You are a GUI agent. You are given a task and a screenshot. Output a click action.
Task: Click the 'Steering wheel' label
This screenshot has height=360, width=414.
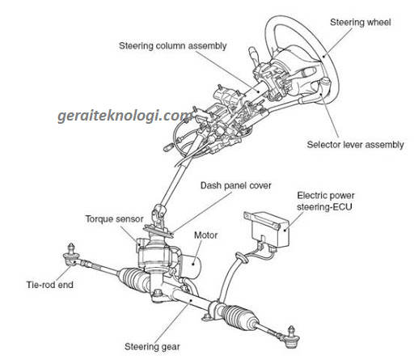pos(361,22)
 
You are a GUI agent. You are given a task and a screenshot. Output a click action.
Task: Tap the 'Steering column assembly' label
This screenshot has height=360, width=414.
pos(173,46)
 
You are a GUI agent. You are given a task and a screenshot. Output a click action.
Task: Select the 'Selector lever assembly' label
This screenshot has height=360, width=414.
pos(355,145)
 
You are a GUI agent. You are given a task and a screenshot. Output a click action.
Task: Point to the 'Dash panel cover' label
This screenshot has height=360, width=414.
pos(236,185)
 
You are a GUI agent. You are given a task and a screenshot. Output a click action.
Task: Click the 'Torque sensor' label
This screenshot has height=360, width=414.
pos(114,218)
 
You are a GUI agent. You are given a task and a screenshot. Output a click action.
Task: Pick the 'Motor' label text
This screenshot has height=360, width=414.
pos(206,235)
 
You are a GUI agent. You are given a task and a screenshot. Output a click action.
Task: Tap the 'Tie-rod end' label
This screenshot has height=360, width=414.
pos(50,285)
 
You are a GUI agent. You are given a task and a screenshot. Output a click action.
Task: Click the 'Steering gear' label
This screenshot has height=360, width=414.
pos(152,347)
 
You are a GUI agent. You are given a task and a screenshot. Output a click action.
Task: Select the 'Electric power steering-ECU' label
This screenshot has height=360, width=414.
pos(326,201)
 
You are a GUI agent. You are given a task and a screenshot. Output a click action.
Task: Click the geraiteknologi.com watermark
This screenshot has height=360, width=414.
pos(125,116)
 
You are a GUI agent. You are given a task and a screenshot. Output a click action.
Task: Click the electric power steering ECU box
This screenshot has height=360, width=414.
pos(267,228)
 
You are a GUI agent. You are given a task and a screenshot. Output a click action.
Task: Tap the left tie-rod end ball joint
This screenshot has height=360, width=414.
pos(71,255)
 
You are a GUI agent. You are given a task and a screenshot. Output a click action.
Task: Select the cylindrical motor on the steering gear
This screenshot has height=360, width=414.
pos(191,267)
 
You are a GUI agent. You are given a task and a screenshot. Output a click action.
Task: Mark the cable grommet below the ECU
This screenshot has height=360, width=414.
pos(241,257)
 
